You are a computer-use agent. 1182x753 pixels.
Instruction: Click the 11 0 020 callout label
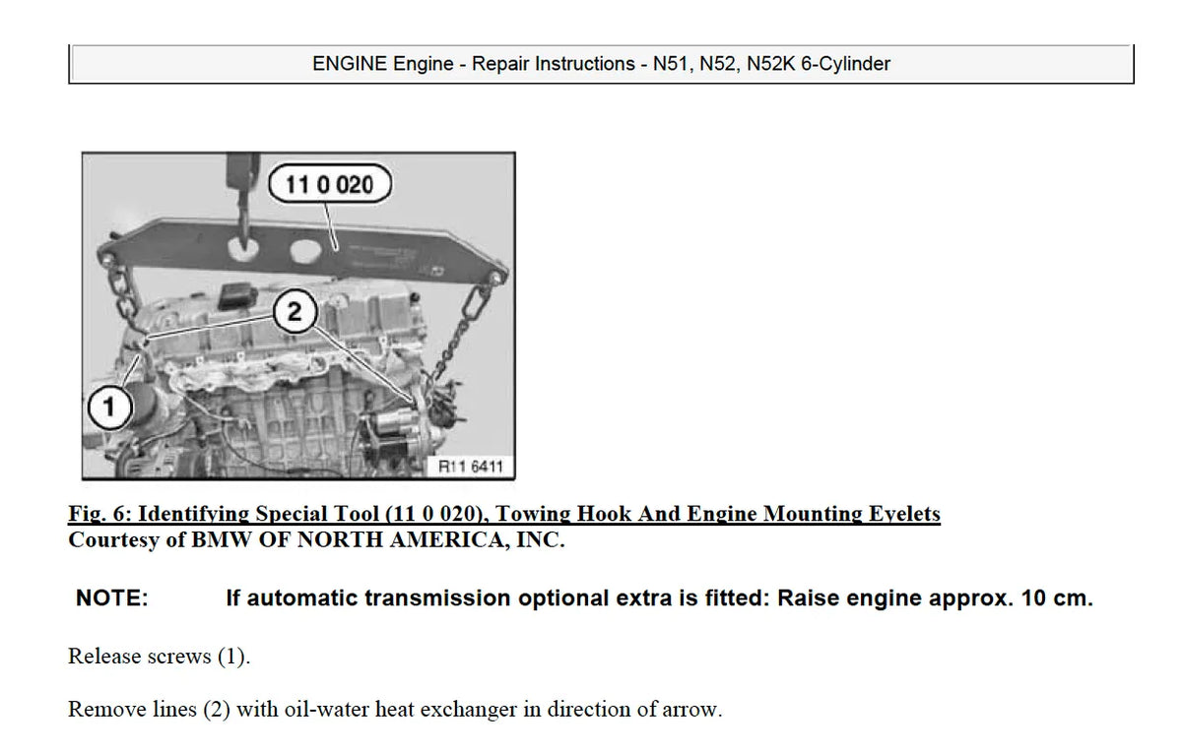[329, 184]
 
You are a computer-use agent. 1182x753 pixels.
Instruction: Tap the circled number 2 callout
[294, 313]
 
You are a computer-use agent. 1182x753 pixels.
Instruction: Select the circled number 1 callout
[108, 407]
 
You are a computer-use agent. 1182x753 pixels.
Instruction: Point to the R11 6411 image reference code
[471, 466]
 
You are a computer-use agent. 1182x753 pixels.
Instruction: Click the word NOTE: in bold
[111, 598]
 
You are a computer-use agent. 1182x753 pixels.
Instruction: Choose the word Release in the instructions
[103, 657]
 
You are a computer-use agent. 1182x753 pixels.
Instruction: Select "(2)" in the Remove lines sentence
[216, 710]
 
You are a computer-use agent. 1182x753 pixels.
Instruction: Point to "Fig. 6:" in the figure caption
[100, 514]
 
